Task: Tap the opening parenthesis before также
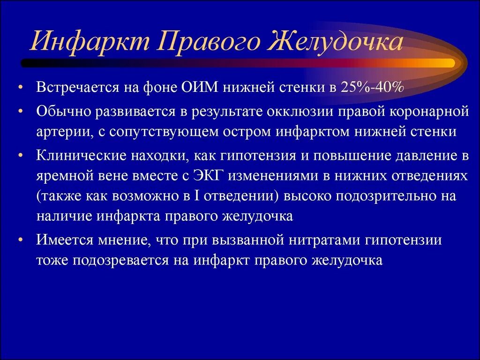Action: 38,195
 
